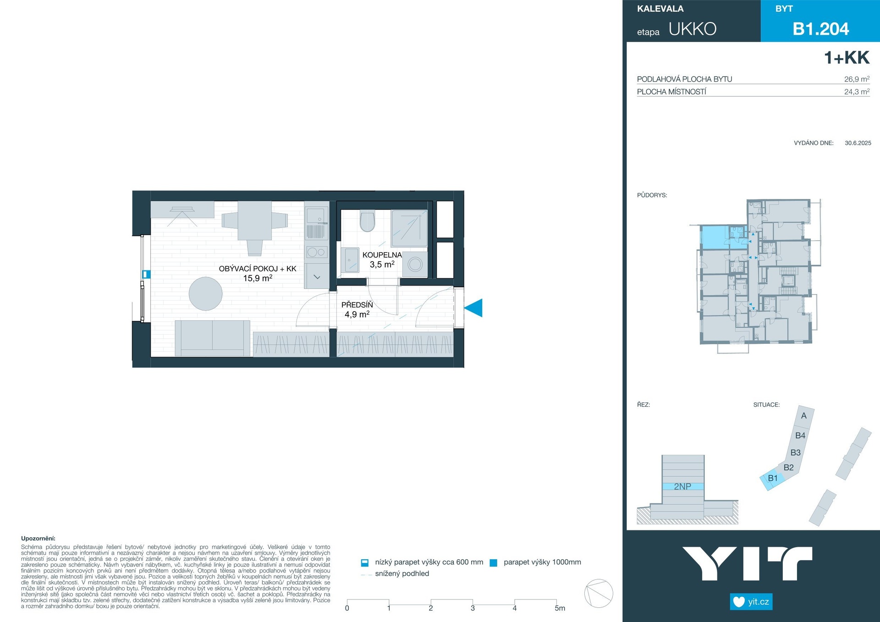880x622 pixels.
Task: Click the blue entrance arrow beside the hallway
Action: click(x=474, y=308)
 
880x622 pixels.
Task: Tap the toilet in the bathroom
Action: click(x=368, y=221)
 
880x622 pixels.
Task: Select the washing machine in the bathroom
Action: click(x=415, y=264)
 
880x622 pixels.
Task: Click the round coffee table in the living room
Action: click(x=206, y=294)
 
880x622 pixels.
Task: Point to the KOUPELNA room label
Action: click(x=382, y=255)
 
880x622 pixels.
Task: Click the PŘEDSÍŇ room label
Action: click(x=357, y=305)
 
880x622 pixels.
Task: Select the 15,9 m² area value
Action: click(x=258, y=278)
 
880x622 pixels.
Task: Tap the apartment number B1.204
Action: click(x=821, y=29)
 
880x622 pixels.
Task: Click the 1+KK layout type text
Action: click(x=847, y=58)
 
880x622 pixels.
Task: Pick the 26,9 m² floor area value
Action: click(x=857, y=79)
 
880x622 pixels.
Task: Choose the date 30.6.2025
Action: click(x=858, y=143)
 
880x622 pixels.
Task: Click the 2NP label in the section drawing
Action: click(x=682, y=486)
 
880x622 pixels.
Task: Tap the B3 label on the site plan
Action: click(x=796, y=452)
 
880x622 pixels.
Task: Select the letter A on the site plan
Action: click(x=803, y=416)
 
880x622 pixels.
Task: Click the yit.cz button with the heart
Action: click(x=751, y=601)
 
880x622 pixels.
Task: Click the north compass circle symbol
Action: click(x=599, y=594)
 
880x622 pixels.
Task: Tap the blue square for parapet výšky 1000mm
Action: click(x=494, y=563)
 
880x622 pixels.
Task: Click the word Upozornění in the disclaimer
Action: click(x=38, y=539)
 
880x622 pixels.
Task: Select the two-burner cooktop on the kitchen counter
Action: click(x=316, y=252)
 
